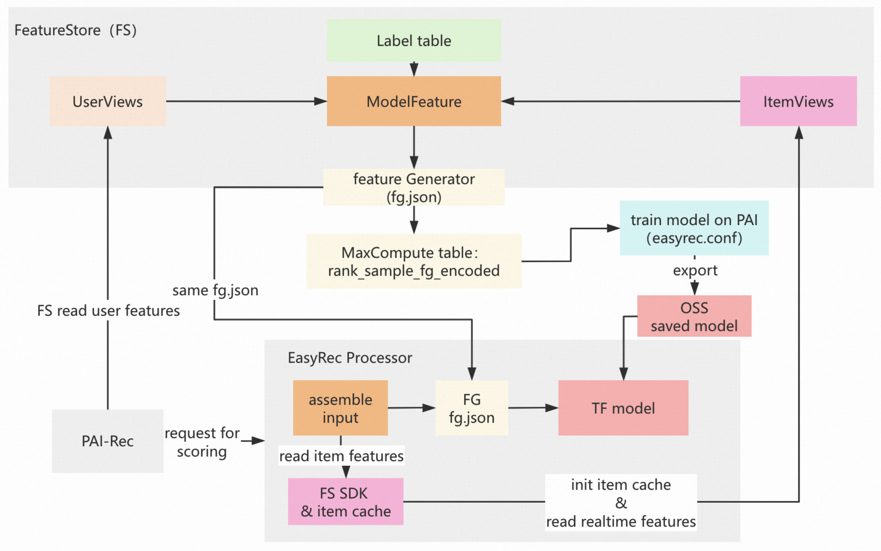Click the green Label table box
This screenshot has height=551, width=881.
click(x=414, y=41)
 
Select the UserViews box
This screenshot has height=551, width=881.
click(x=108, y=101)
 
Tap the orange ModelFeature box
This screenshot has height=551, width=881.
click(x=414, y=101)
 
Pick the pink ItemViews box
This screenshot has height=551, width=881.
click(x=798, y=101)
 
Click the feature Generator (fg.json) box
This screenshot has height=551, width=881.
click(x=414, y=187)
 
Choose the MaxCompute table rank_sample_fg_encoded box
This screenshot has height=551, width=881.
click(x=414, y=261)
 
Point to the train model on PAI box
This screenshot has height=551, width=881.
click(x=694, y=228)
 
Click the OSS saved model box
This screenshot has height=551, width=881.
click(x=694, y=316)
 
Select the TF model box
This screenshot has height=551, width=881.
click(x=623, y=408)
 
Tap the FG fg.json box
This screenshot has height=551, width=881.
click(x=471, y=408)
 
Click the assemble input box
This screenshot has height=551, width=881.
click(x=340, y=408)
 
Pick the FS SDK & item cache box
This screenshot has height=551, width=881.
click(x=345, y=501)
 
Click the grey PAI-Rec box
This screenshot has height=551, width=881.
click(x=108, y=441)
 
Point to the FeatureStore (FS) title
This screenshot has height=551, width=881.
click(x=75, y=30)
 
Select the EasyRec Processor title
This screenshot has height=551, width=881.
click(x=350, y=358)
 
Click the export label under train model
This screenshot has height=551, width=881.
click(x=695, y=270)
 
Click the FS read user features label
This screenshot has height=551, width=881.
click(x=108, y=310)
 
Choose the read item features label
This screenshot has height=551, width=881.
click(x=341, y=455)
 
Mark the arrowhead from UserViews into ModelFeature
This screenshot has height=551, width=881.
click(x=321, y=101)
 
